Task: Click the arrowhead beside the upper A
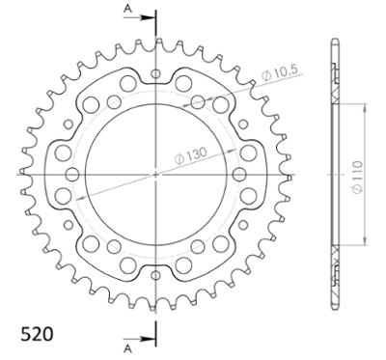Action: coord(148,17)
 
